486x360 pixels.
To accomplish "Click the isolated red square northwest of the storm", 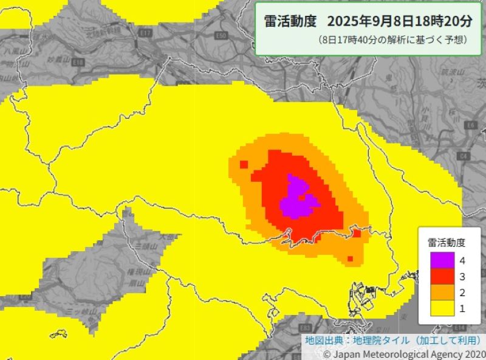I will (244, 164).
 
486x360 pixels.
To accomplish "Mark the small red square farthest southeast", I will (350, 260).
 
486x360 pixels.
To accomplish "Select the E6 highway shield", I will (469, 125).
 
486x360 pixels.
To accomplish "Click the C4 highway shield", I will (465, 156).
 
